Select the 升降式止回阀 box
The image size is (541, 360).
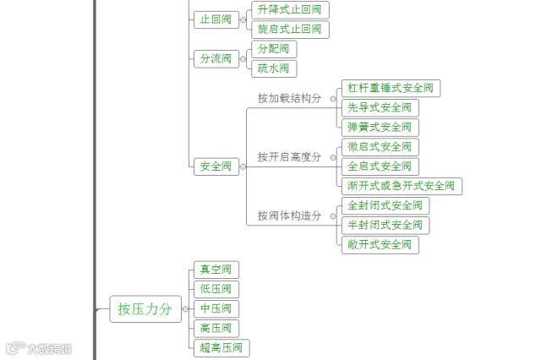(x=290, y=10)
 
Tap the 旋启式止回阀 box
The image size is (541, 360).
(x=290, y=30)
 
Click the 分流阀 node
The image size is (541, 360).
(x=216, y=58)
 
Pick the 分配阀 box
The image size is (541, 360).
(x=274, y=49)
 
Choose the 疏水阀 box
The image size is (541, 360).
(x=274, y=68)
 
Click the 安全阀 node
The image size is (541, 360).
(x=216, y=166)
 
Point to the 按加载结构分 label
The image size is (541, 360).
(x=290, y=98)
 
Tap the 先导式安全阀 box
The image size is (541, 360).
(x=380, y=107)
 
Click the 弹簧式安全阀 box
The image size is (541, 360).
(x=380, y=127)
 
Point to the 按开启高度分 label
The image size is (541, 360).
(x=290, y=157)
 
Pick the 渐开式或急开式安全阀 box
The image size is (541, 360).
(x=402, y=186)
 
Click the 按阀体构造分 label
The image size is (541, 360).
(x=290, y=215)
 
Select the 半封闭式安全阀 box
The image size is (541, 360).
(x=385, y=225)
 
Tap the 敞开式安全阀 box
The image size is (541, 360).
(x=380, y=244)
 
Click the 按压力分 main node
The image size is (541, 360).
(x=145, y=309)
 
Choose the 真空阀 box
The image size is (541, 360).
(x=216, y=270)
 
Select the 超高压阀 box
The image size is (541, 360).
(x=221, y=347)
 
